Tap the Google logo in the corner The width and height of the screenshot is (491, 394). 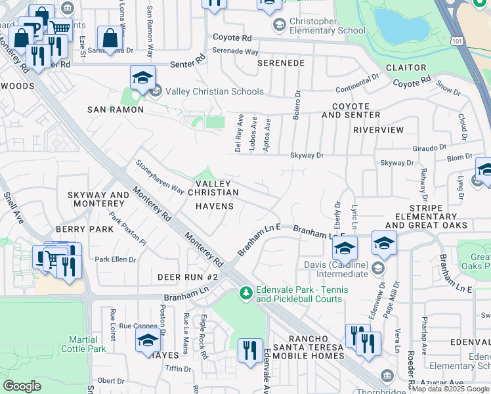pyautogui.click(x=22, y=385)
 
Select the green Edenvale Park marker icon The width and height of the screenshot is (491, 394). pyautogui.click(x=245, y=291)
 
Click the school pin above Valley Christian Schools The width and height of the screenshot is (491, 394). pyautogui.click(x=142, y=79)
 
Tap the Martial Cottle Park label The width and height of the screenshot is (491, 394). pyautogui.click(x=87, y=344)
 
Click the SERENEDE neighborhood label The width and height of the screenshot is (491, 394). pyautogui.click(x=280, y=63)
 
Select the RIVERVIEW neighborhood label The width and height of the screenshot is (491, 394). pyautogui.click(x=378, y=130)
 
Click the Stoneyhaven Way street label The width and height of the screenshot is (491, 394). pyautogui.click(x=160, y=177)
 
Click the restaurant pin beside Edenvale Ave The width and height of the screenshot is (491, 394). pyautogui.click(x=250, y=351)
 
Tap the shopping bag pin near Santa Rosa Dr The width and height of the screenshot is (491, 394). pyautogui.click(x=110, y=38)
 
